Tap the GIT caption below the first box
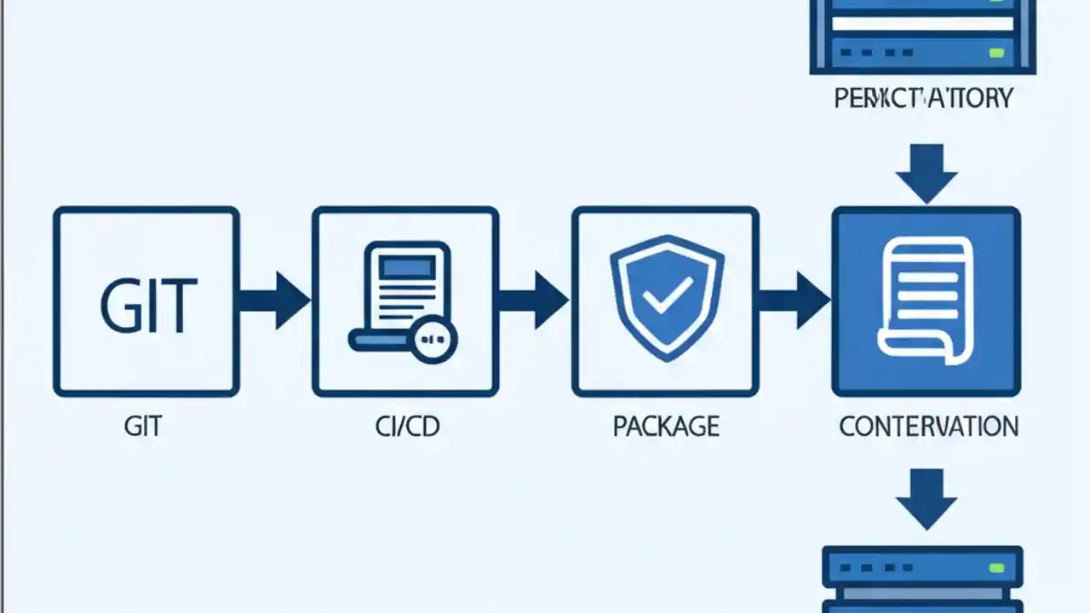tap(143, 427)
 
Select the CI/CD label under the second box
tap(407, 427)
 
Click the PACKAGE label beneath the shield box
tap(666, 427)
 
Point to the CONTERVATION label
tap(928, 427)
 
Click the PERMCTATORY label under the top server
tap(923, 99)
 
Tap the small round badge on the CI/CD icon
tap(434, 340)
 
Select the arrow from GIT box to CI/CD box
tap(274, 301)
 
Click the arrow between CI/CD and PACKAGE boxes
tap(533, 301)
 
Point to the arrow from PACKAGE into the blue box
tap(794, 301)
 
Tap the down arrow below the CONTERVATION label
tap(926, 499)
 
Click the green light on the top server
tap(995, 53)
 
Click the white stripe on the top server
tap(921, 24)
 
